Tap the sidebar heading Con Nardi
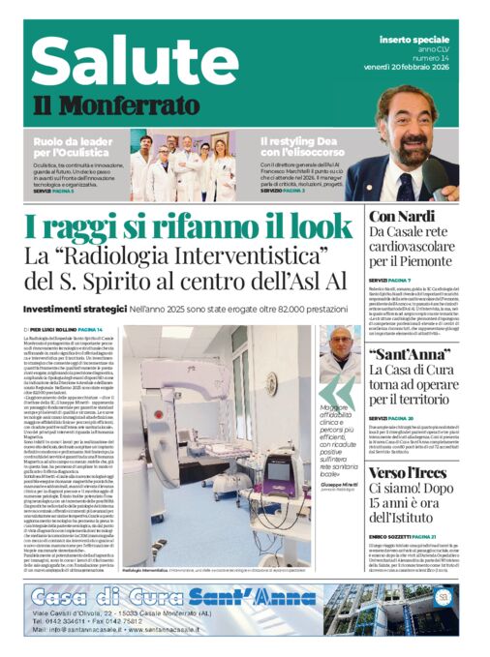(x=395, y=216)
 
